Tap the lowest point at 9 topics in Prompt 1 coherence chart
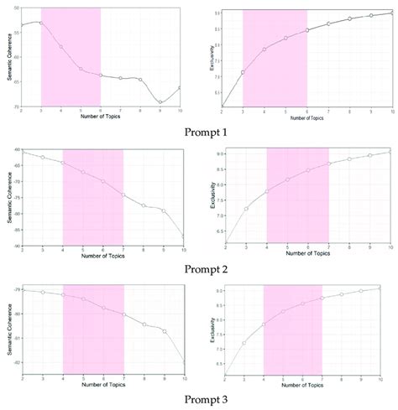pyautogui.click(x=160, y=102)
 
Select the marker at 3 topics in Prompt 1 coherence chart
pyautogui.click(x=41, y=23)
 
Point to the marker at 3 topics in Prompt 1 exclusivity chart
pyautogui.click(x=243, y=72)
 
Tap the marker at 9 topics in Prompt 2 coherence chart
pyautogui.click(x=164, y=210)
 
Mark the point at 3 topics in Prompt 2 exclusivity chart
pyautogui.click(x=246, y=209)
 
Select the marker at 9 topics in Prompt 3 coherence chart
pyautogui.click(x=164, y=332)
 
